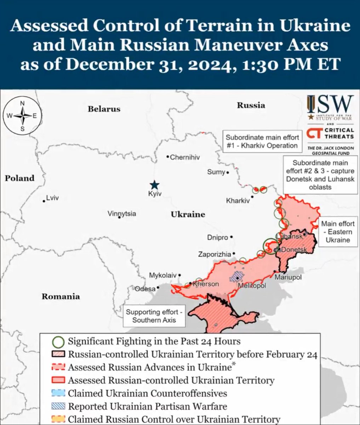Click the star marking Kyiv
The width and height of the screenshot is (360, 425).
pyautogui.click(x=154, y=185)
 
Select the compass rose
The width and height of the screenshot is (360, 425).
pyautogui.click(x=22, y=116)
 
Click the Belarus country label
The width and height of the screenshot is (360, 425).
pyautogui.click(x=104, y=109)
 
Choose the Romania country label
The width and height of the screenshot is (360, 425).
pyautogui.click(x=61, y=296)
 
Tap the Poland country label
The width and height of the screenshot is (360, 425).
pyautogui.click(x=19, y=178)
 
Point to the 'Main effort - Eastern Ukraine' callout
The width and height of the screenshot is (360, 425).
pyautogui.click(x=337, y=232)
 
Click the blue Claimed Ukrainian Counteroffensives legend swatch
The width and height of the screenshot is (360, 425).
pyautogui.click(x=60, y=393)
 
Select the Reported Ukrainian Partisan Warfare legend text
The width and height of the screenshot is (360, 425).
pyautogui.click(x=147, y=406)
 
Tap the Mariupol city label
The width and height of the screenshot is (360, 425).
pyautogui.click(x=288, y=277)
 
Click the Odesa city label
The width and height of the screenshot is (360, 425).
pyautogui.click(x=145, y=289)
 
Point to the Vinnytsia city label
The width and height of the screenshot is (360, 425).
pyautogui.click(x=121, y=214)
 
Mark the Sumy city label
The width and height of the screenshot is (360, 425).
pyautogui.click(x=216, y=172)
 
